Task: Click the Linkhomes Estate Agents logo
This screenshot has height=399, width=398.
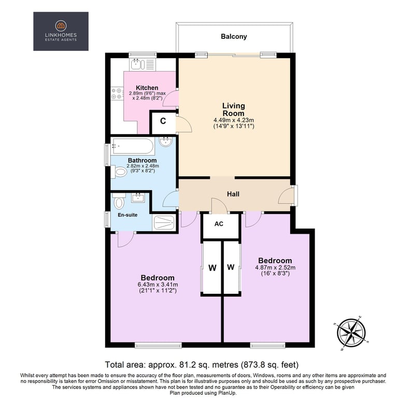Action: tap(61, 31)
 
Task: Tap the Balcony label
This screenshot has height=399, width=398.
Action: tap(234, 37)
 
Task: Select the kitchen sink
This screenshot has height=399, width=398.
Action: tap(137, 64)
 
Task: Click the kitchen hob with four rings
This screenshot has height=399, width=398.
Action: tap(117, 93)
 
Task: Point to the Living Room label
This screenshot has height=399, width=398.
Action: tap(233, 109)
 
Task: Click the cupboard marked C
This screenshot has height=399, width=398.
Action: tap(163, 121)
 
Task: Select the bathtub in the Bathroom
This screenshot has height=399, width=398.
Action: tap(132, 146)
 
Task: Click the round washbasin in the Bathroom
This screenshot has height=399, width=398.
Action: tap(166, 141)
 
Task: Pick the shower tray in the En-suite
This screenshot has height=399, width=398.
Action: tap(164, 223)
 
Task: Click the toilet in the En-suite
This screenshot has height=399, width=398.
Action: tap(119, 201)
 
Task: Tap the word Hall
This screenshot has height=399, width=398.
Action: tap(233, 194)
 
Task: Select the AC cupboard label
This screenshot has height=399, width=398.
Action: tap(219, 224)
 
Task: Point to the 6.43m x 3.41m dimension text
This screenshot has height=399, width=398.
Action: tap(158, 284)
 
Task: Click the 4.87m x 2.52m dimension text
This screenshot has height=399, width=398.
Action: tap(275, 267)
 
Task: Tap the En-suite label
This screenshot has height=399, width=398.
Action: tap(127, 215)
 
